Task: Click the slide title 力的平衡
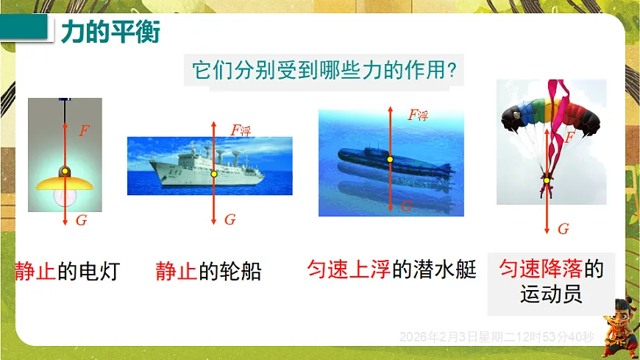(x=110, y=32)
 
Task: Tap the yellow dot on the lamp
(x=65, y=172)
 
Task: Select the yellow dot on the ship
(x=214, y=174)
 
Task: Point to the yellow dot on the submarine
(x=391, y=159)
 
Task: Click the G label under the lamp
(x=81, y=220)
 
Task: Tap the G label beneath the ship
(x=230, y=219)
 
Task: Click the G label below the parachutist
(x=563, y=229)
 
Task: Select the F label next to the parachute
(x=569, y=138)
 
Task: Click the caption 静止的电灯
(x=66, y=272)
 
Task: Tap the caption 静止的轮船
(x=208, y=272)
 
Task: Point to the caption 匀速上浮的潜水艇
(x=391, y=269)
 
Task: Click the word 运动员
(x=551, y=295)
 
